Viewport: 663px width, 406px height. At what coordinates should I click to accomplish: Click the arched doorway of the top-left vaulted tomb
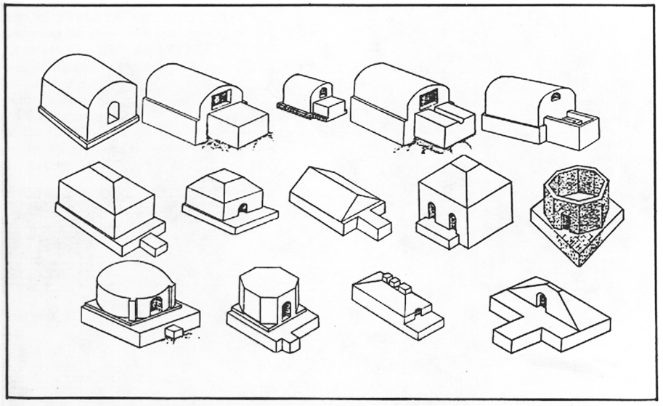point(113,113)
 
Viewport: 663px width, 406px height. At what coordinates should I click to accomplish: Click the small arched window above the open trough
point(556,97)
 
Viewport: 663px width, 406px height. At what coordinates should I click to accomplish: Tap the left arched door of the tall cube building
point(432,211)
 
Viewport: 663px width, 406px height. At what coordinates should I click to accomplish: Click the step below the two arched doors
point(436,233)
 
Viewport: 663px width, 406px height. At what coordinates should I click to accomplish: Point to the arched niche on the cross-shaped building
point(541,299)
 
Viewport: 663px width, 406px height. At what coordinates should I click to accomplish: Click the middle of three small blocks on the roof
point(394,283)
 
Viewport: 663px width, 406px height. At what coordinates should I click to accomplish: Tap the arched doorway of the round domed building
point(155,306)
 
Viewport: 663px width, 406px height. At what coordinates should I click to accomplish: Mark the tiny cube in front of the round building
point(174,332)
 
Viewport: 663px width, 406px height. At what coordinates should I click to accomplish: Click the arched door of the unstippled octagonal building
point(286,310)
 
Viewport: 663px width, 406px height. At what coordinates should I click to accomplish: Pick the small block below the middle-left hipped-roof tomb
point(153,245)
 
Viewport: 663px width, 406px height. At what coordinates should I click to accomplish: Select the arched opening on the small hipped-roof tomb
point(243,208)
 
